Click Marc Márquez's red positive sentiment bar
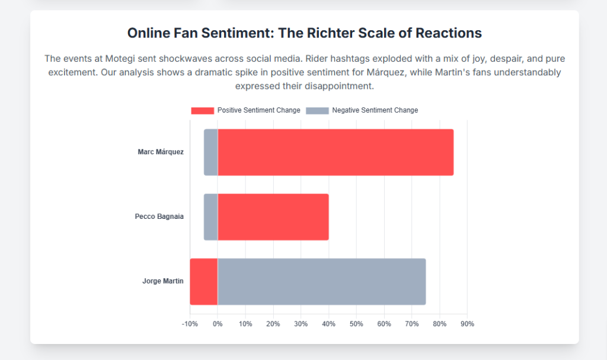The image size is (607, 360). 336,152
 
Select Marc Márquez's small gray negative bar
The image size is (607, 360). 211,152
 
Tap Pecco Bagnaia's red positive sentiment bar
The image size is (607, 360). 273,217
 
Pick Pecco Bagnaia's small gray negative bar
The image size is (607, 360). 211,217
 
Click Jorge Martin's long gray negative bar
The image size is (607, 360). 322,282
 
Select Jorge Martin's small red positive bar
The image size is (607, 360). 204,282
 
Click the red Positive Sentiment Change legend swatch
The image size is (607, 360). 202,110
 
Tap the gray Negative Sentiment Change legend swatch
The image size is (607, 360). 317,110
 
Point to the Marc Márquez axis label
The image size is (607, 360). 161,152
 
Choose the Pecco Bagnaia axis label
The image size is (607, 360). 159,216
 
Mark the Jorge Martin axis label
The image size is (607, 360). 163,281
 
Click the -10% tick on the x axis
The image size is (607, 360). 190,324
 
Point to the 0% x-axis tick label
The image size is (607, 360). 218,324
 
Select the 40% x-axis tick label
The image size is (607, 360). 328,324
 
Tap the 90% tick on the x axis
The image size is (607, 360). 467,324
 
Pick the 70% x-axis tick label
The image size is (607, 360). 411,324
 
